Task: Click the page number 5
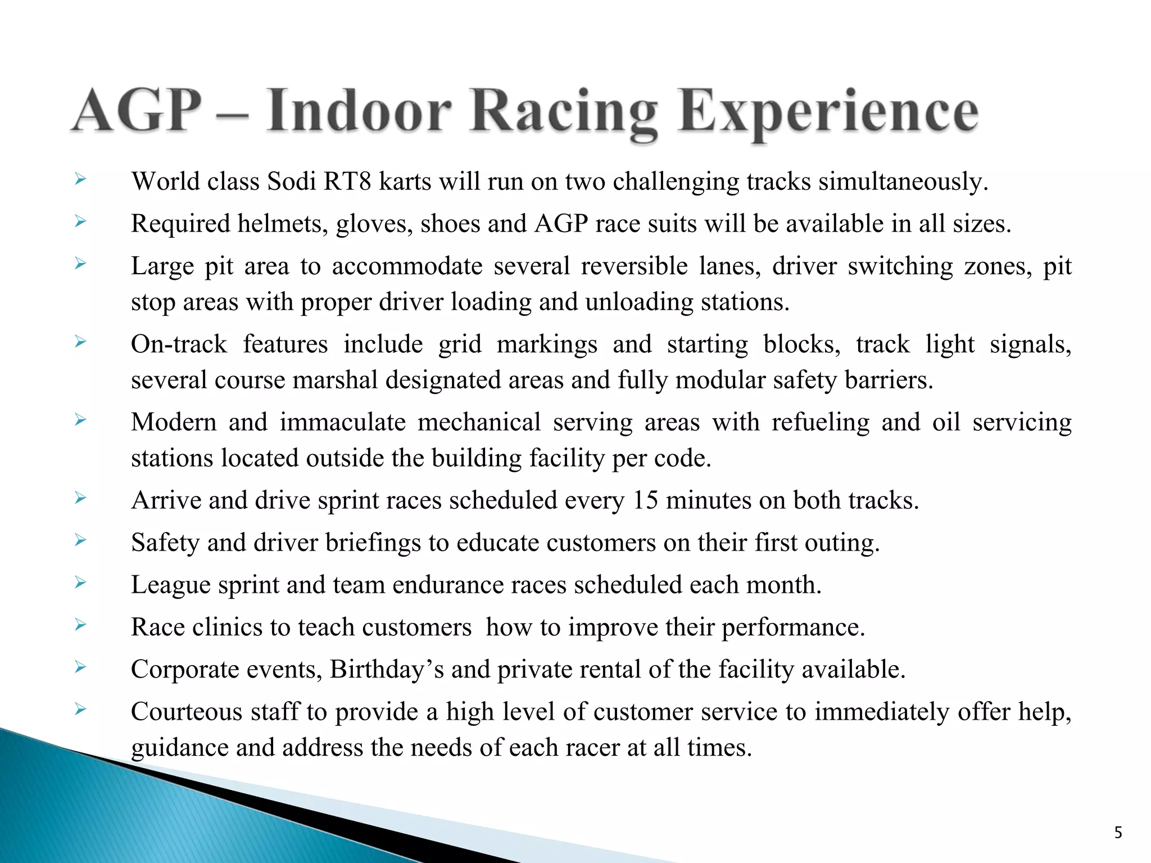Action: tap(1118, 832)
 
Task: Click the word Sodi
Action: tap(291, 181)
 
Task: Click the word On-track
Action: tap(179, 344)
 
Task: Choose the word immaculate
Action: tap(342, 422)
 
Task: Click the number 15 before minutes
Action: tap(645, 500)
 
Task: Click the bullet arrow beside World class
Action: tap(80, 180)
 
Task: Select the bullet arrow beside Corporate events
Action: tap(80, 667)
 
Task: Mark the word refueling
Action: tap(820, 422)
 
